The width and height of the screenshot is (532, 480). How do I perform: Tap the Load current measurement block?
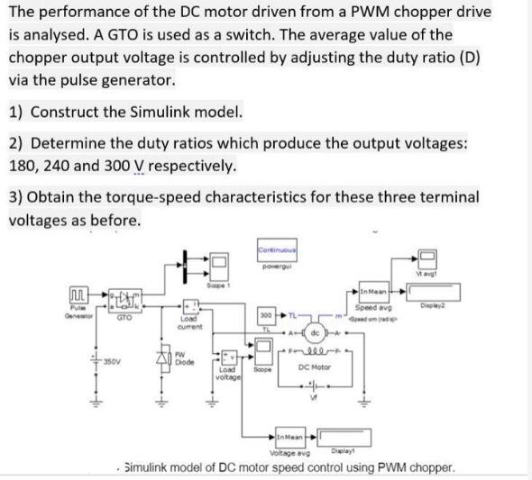pos(189,307)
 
